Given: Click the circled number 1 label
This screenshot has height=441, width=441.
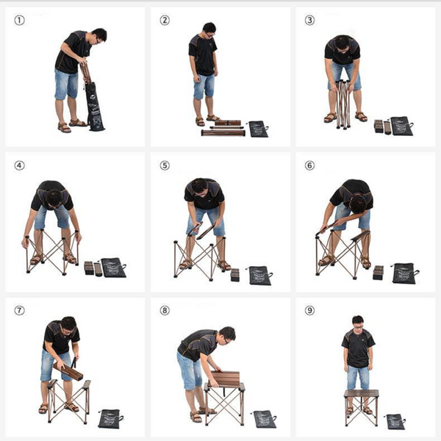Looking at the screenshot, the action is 19,21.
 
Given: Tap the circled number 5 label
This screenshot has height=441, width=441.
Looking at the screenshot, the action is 165,165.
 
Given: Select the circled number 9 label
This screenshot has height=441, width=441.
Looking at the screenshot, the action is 309,310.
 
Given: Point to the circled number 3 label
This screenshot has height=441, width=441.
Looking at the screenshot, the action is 309,21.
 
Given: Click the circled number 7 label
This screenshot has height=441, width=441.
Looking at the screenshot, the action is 19,310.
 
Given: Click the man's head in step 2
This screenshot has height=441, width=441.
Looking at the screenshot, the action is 209,30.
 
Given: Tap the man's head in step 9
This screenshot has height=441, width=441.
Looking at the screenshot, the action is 358,323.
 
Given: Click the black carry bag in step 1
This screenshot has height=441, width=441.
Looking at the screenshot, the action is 94,107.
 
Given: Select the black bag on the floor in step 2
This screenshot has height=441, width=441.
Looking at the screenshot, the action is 259,129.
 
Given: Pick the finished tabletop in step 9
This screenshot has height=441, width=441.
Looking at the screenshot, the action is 361,393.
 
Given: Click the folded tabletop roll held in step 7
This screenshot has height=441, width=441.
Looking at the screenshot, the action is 68,371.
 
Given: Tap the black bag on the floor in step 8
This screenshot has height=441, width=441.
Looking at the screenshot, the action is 265,419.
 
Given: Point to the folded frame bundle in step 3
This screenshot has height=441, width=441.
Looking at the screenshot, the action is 343,104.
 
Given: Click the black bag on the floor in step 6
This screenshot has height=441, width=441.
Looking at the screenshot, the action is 405,273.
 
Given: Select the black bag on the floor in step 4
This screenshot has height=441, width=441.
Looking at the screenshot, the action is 113,268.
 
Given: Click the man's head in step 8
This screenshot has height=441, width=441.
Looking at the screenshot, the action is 228,334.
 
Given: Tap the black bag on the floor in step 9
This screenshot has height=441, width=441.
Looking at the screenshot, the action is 395,422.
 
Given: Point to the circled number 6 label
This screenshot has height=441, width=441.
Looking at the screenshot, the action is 309,165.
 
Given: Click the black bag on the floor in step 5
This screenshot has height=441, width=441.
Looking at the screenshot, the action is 260,276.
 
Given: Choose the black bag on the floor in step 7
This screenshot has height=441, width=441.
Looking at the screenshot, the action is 110,419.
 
